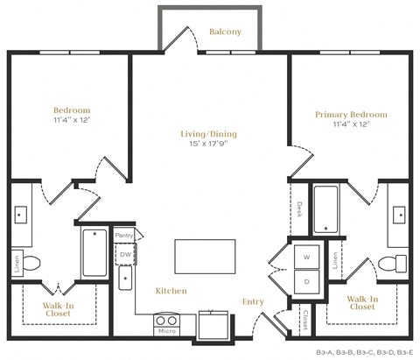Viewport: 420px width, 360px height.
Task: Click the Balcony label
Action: click(225, 32)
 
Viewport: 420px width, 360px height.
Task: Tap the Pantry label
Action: click(124, 235)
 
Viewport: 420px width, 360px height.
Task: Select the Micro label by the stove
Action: click(165, 331)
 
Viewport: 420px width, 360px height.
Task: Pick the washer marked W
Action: click(306, 258)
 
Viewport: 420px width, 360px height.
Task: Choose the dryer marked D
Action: click(306, 281)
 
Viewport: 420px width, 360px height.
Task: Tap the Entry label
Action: click(253, 302)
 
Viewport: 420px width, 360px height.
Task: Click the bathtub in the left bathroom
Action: click(94, 251)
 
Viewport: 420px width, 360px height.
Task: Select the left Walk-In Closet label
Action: click(59, 309)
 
